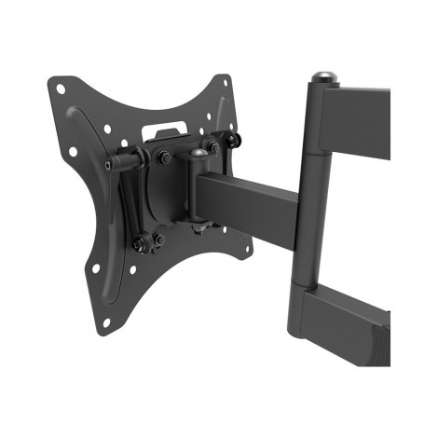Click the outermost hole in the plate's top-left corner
(61, 89)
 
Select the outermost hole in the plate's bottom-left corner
(104, 322)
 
